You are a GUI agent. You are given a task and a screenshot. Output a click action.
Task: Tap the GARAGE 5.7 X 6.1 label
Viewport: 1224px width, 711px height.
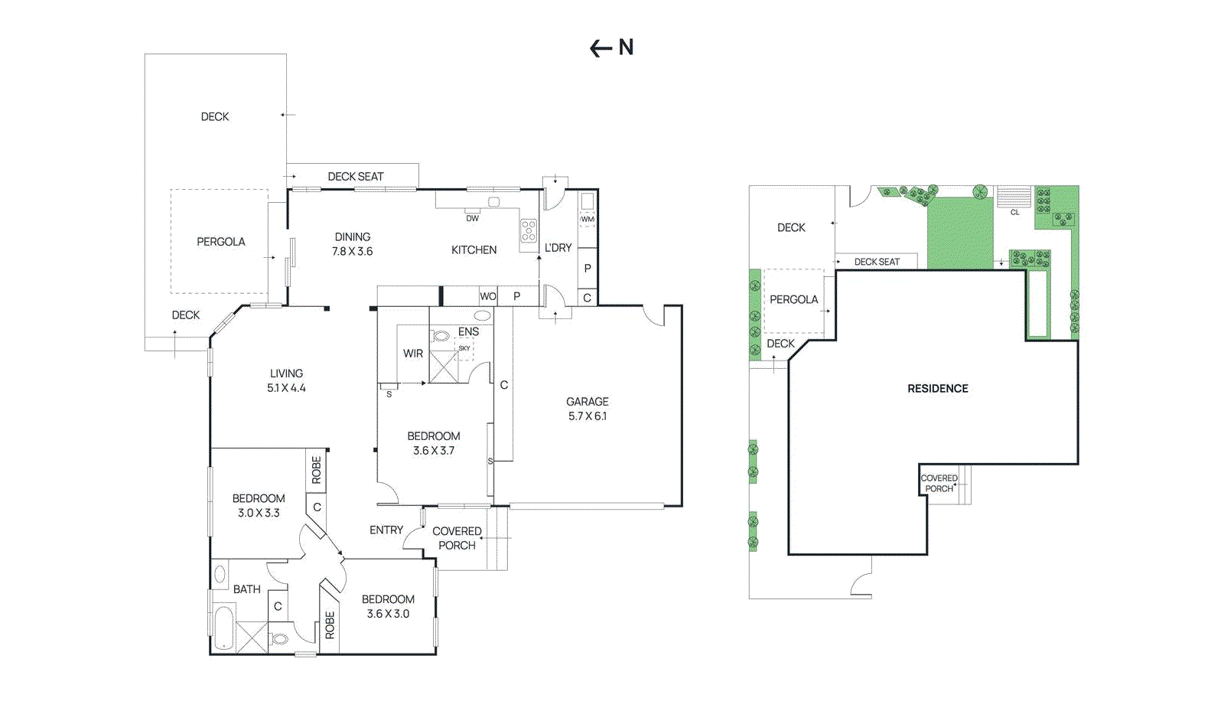pos(588,409)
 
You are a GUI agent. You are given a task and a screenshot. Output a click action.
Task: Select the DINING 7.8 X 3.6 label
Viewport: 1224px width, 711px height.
pos(353,244)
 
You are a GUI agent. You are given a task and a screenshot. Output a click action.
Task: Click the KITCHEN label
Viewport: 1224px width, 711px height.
pos(474,250)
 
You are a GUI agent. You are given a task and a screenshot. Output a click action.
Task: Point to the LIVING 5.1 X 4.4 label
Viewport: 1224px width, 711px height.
pos(286,380)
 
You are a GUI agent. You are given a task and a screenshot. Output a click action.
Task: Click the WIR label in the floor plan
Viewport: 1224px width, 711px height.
pos(413,354)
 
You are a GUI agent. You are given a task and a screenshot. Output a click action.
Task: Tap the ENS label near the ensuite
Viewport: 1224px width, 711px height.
pos(468,331)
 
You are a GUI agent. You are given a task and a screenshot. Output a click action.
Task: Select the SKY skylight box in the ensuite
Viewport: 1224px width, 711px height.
pos(464,349)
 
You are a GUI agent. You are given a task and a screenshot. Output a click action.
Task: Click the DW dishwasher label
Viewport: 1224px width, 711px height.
pos(473,218)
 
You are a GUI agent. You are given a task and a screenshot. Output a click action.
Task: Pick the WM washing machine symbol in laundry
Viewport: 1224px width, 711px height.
pos(587,219)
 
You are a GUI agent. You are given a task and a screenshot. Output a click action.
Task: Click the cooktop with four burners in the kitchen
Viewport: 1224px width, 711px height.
pos(529,230)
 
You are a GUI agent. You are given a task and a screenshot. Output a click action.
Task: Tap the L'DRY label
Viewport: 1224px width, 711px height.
pos(558,248)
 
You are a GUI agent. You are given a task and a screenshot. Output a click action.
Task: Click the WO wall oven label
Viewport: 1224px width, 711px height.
pos(488,296)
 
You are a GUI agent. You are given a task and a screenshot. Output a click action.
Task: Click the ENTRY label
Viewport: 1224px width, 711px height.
pos(386,530)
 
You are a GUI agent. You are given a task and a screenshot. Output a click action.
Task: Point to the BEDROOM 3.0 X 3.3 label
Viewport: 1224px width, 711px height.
pos(259,505)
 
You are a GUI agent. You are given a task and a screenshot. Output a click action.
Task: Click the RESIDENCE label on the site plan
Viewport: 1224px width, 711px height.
pos(938,389)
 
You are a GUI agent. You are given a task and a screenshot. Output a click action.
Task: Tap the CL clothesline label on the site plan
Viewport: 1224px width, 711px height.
pos(1014,212)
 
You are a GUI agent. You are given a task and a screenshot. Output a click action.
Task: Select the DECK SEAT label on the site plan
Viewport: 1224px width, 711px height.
pos(877,262)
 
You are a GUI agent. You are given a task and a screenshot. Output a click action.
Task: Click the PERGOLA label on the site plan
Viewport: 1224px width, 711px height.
pos(793,300)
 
